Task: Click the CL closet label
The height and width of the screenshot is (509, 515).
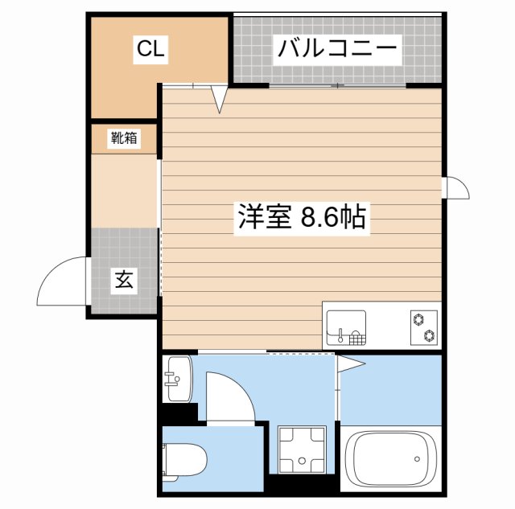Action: pyautogui.click(x=150, y=50)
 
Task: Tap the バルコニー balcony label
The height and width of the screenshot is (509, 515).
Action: pyautogui.click(x=337, y=50)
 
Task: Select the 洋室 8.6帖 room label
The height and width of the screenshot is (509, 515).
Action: pyautogui.click(x=302, y=218)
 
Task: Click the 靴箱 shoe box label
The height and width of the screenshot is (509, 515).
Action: pyautogui.click(x=124, y=138)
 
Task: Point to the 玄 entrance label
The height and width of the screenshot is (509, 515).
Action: pyautogui.click(x=124, y=281)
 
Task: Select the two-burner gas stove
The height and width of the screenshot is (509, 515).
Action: pyautogui.click(x=421, y=326)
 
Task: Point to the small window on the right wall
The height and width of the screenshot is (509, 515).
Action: pyautogui.click(x=455, y=187)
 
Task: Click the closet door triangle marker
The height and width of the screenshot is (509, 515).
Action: pyautogui.click(x=219, y=99)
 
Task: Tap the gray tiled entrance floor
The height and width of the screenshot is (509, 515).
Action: pyautogui.click(x=122, y=269)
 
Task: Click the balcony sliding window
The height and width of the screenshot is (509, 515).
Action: pyautogui.click(x=338, y=84)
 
